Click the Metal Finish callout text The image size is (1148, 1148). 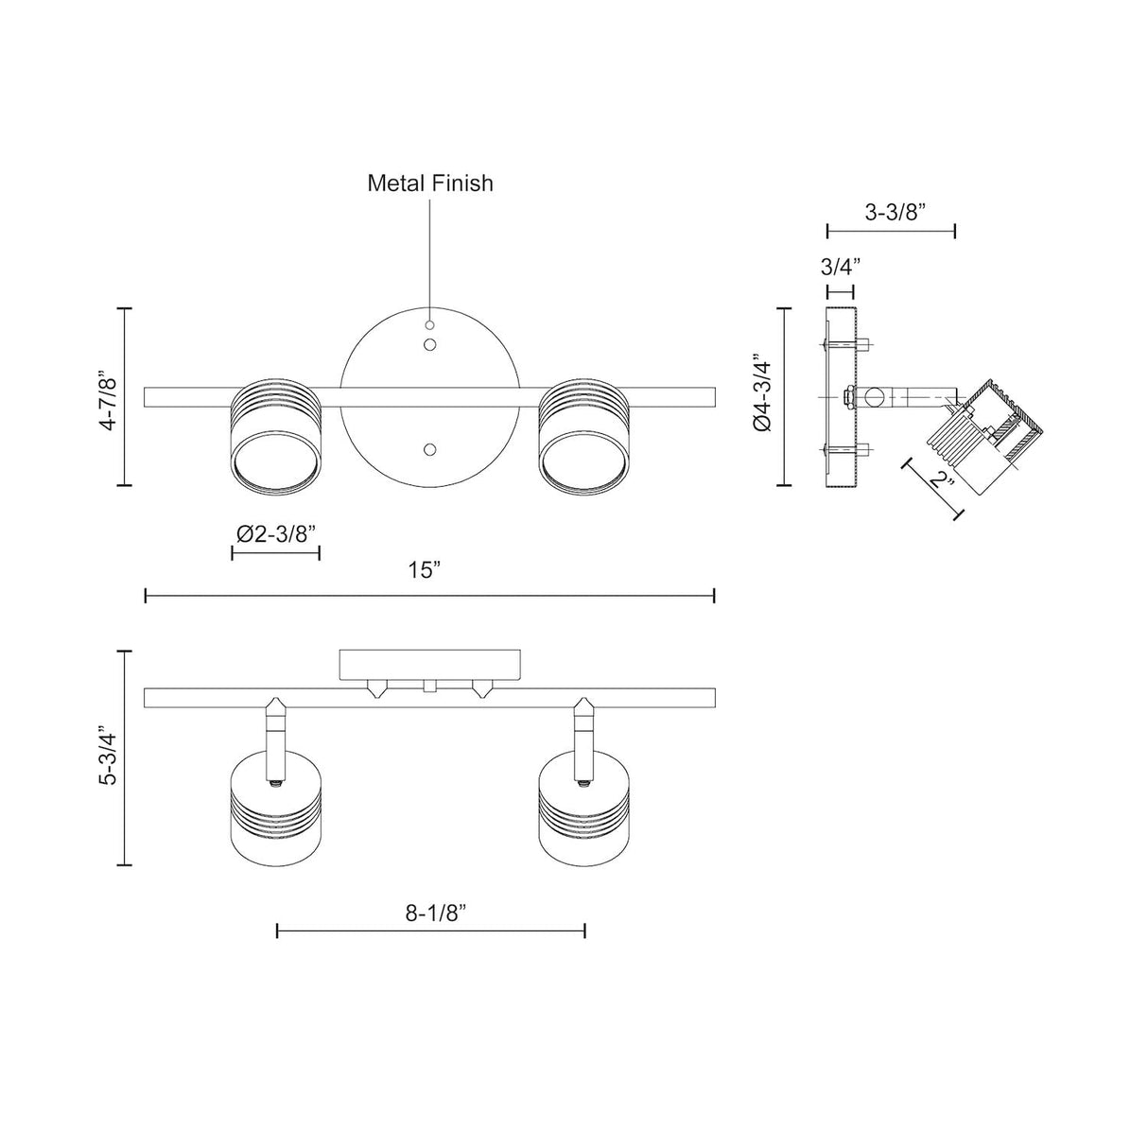click(430, 183)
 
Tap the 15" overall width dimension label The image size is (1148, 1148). click(425, 570)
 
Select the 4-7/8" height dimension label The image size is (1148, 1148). click(109, 397)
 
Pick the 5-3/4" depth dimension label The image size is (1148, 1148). click(109, 756)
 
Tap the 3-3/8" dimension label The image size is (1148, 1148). click(895, 212)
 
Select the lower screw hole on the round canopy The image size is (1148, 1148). click(429, 450)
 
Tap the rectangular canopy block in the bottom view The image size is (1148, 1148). click(429, 665)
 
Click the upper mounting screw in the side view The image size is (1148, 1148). click(846, 344)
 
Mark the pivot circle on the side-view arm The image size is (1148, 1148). click(876, 397)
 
